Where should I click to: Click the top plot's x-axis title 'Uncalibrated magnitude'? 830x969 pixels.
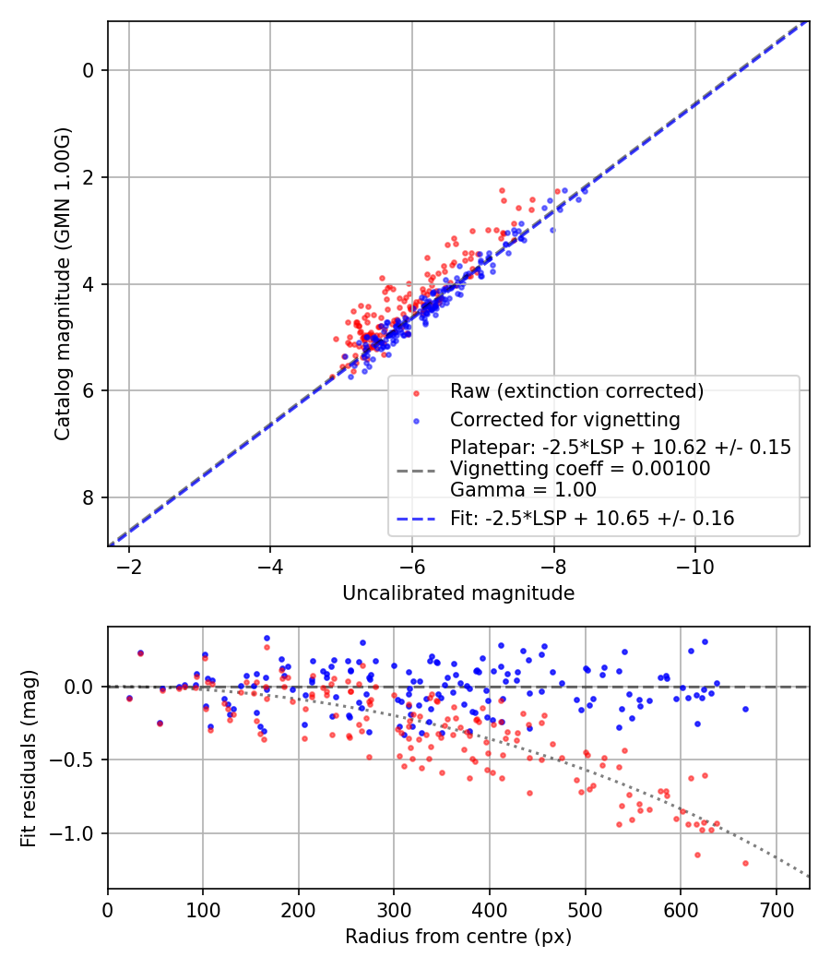[x=458, y=593]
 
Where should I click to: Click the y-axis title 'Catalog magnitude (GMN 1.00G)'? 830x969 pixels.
[x=62, y=284]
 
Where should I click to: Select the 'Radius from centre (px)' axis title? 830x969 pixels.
[x=458, y=937]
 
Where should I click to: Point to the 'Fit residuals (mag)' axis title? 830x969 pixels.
[x=29, y=758]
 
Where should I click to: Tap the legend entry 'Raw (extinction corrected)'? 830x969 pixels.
[x=576, y=390]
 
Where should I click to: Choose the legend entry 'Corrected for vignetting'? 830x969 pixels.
[x=564, y=420]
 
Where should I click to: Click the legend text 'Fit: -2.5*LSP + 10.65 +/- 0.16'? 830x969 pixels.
[x=592, y=519]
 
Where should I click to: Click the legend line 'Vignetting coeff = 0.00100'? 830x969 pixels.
[x=580, y=469]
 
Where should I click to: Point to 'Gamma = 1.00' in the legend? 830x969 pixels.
[x=523, y=490]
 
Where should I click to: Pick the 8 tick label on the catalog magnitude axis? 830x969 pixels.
[x=89, y=498]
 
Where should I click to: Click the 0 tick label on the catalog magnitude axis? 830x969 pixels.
[x=89, y=70]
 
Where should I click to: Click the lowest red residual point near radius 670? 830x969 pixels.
[x=745, y=863]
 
